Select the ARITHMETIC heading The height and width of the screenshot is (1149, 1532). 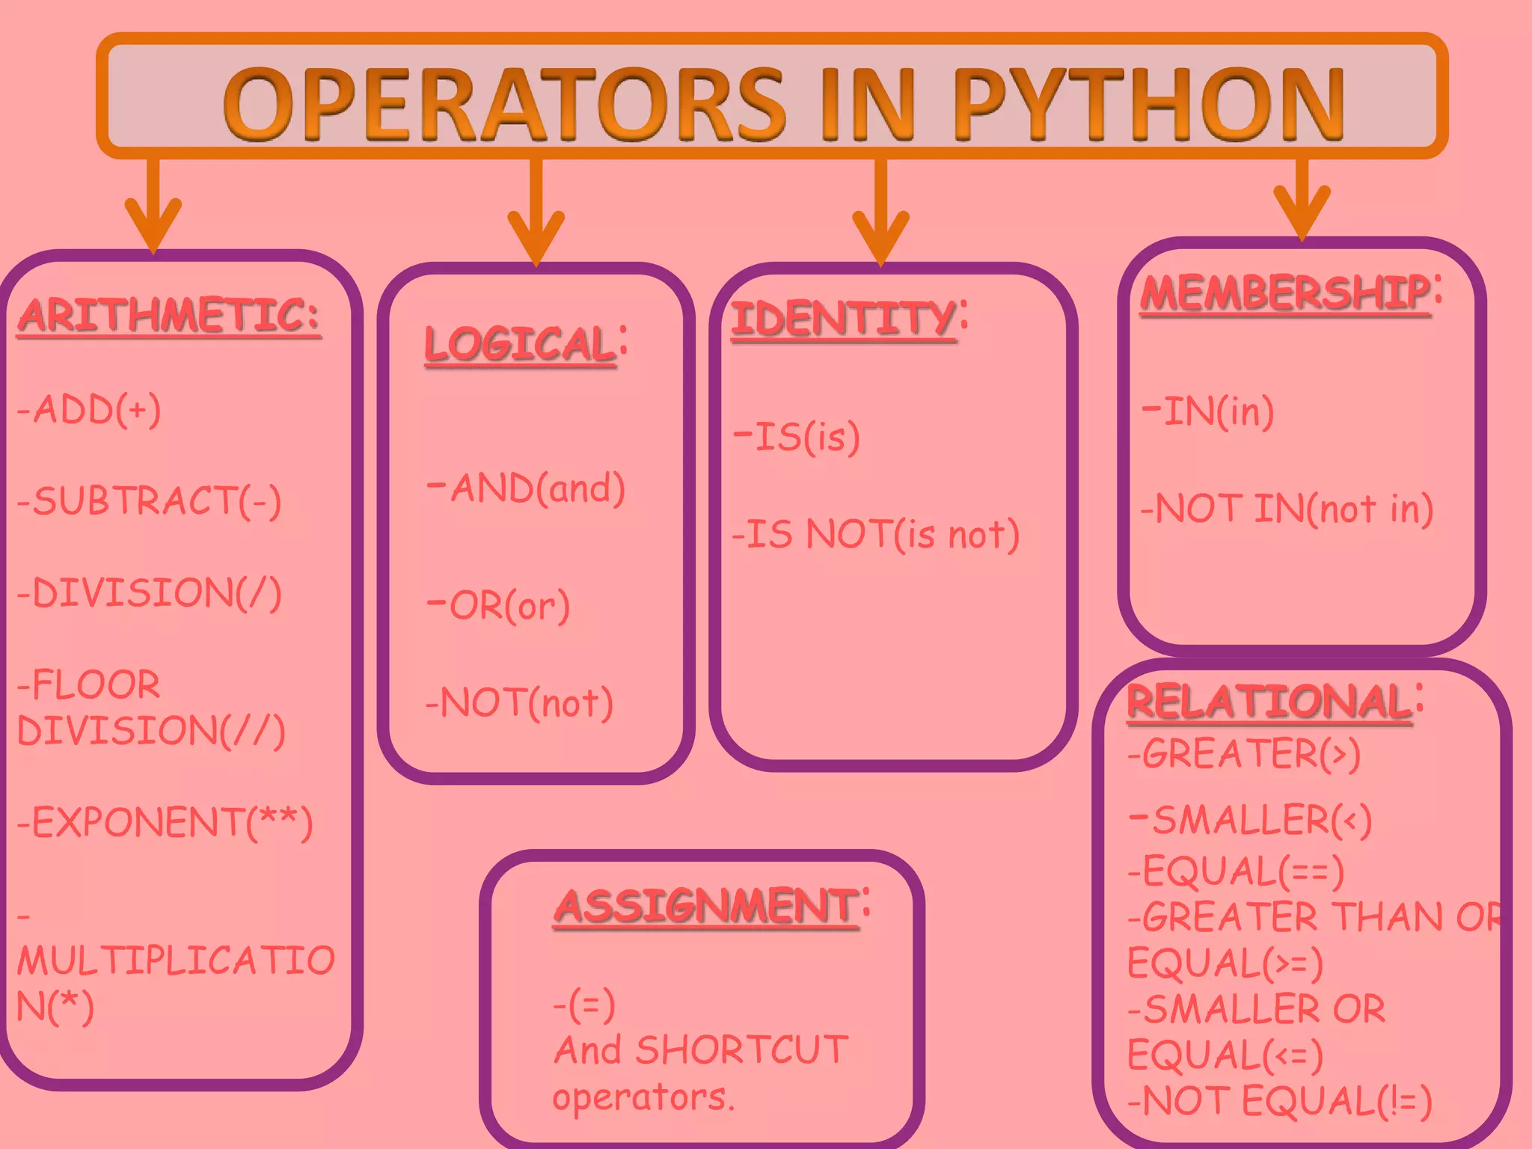tap(169, 315)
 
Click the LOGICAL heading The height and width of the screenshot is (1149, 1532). tap(521, 344)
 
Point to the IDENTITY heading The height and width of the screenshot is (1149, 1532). tap(844, 319)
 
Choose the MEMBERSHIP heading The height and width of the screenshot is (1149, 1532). tap(1285, 292)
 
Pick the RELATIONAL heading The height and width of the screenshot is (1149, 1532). tap(1269, 702)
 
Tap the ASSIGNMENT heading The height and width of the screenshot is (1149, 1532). tap(706, 906)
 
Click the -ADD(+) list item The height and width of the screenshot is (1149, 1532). tap(89, 409)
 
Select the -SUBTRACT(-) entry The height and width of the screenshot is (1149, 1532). tap(150, 500)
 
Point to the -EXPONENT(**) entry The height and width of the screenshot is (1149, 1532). tap(165, 822)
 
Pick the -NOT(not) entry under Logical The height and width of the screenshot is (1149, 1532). tap(520, 702)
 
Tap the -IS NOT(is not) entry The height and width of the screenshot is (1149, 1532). tap(875, 534)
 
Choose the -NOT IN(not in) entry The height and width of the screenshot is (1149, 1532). tap(1287, 509)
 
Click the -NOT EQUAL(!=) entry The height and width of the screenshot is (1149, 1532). tap(1279, 1100)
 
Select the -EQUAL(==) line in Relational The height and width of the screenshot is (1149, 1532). tap(1236, 871)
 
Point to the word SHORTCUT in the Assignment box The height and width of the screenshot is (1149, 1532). tap(741, 1050)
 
